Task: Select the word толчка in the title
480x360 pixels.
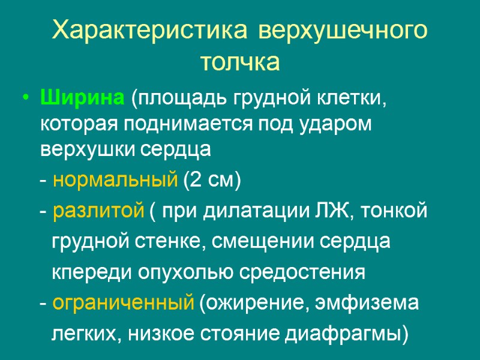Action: [240, 62]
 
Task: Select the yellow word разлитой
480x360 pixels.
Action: [98, 211]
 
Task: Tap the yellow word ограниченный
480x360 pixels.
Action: [123, 303]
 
